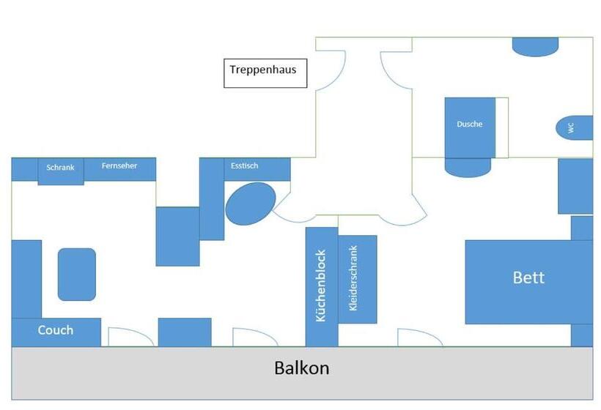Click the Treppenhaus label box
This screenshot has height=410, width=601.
coord(265,73)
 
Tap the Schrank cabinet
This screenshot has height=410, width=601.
coord(61,171)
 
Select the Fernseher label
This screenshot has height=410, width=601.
coord(119,166)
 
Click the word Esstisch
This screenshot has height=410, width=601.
coord(244,166)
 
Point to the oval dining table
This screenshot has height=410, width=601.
coord(251,204)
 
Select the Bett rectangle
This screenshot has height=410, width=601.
coord(528,281)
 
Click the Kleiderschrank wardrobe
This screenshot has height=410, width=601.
coord(358,279)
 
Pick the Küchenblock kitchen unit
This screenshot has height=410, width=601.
coord(321,286)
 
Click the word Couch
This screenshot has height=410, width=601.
coord(56,331)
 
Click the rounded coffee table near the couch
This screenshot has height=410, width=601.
coord(77,274)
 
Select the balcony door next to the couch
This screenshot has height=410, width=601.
coord(130,337)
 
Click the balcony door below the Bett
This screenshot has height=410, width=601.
coord(420,338)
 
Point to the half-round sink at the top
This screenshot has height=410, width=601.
coord(535,46)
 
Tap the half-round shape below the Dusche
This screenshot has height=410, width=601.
coord(468,168)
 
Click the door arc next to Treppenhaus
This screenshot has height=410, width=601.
coord(332,70)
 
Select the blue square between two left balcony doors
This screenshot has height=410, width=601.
coord(185,332)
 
